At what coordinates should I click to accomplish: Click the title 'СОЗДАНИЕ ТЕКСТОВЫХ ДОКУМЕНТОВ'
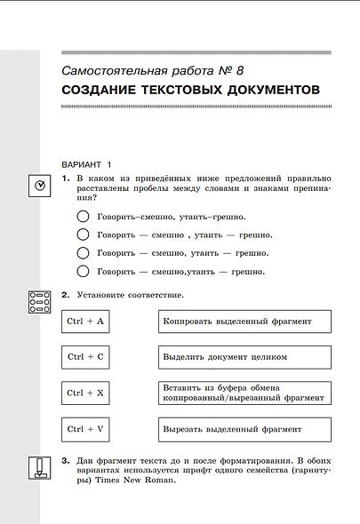pos(190,91)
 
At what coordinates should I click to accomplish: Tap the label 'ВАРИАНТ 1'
pos(87,165)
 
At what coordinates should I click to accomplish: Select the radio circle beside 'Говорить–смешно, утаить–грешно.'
pos(84,217)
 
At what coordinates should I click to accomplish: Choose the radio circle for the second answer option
pos(84,234)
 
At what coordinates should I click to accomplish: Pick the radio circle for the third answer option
pos(84,253)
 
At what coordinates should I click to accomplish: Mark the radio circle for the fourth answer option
pos(84,271)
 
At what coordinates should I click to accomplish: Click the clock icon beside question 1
pos(40,186)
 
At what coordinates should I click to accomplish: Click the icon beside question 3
pos(39,466)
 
